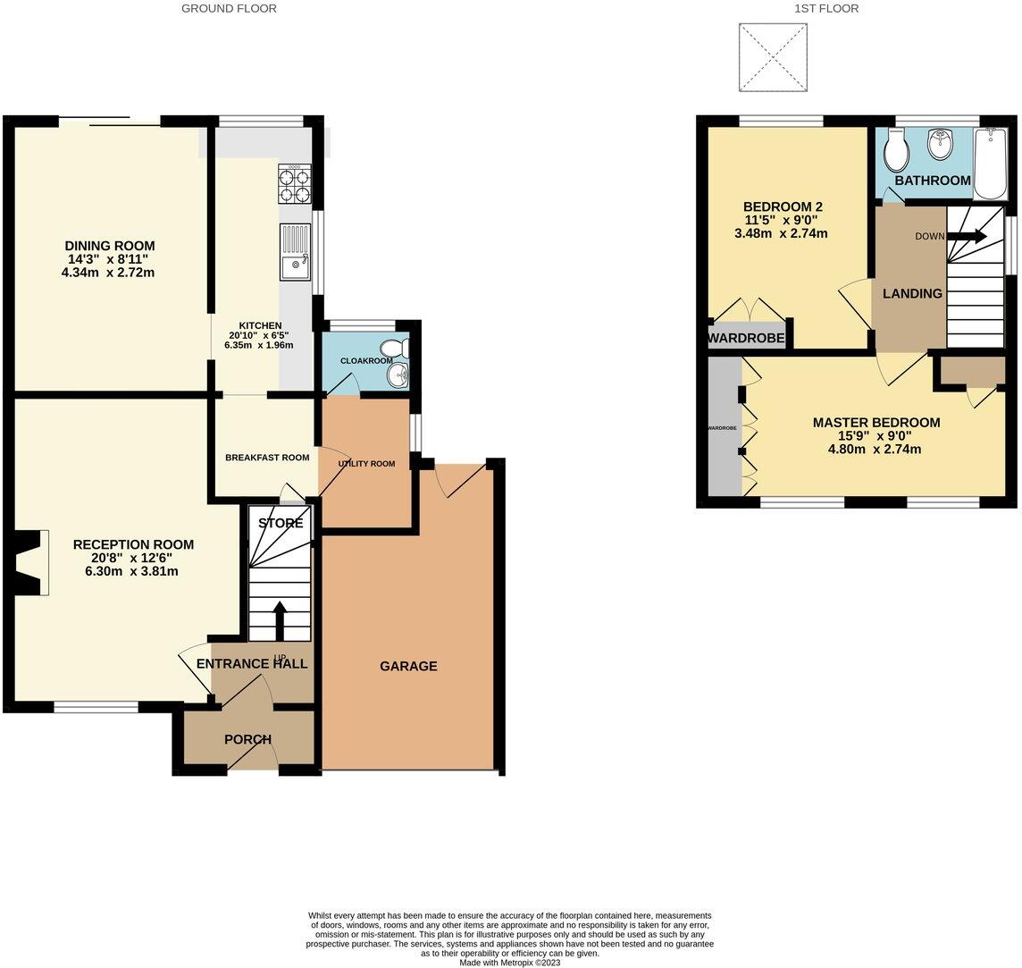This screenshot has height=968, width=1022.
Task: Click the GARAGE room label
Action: click(x=408, y=666)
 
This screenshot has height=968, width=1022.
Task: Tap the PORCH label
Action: click(x=247, y=739)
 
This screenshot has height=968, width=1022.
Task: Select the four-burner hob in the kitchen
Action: click(x=295, y=185)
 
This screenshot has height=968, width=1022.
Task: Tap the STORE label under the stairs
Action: click(x=281, y=523)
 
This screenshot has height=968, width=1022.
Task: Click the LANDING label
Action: click(x=912, y=293)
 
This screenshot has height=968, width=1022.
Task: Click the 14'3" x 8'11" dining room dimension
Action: click(x=109, y=259)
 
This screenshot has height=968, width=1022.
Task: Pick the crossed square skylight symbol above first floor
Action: click(x=773, y=57)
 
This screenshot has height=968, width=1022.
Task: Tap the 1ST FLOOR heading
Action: click(x=826, y=8)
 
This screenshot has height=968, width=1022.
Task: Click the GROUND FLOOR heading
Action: click(x=229, y=8)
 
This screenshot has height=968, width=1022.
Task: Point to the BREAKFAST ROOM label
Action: click(x=267, y=458)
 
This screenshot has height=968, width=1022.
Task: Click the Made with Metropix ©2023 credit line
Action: click(x=509, y=963)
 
